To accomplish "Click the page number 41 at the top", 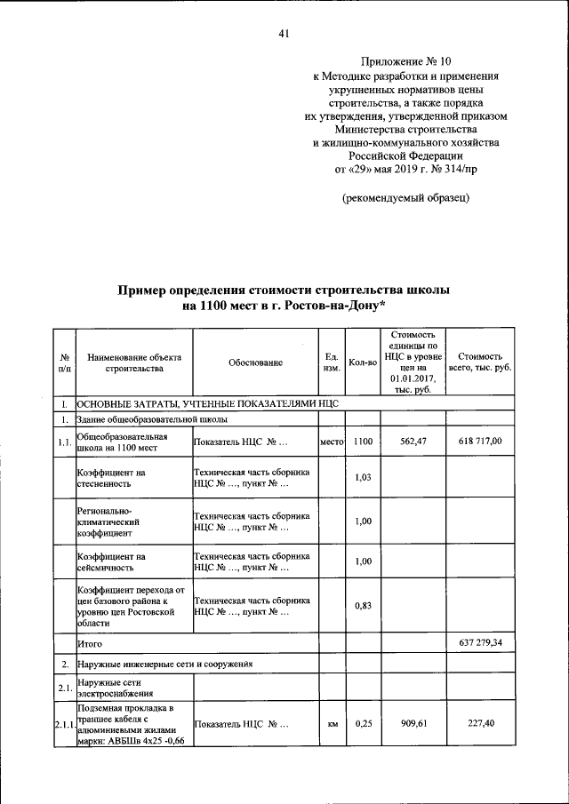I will pos(284,34).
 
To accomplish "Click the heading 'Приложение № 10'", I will pos(406,61).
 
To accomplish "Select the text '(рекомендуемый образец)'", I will pos(406,197).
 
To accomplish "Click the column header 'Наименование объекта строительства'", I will pos(134,362).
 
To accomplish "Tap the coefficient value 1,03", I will pos(362,478).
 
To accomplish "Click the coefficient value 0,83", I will pos(362,606).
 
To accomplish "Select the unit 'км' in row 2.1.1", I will pos(331,724).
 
